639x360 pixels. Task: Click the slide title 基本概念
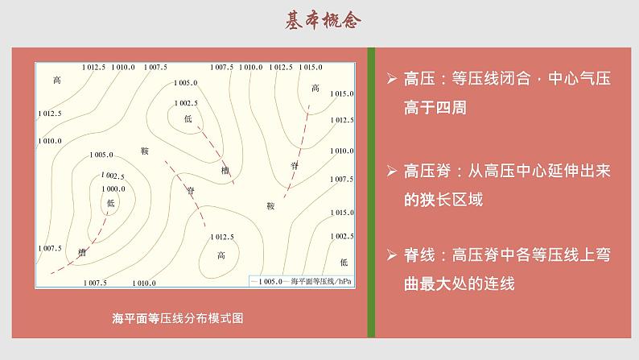click(319, 22)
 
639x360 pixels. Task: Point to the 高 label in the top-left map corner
click(56, 81)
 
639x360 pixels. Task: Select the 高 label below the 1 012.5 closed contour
click(221, 256)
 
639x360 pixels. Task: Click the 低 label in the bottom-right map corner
click(344, 263)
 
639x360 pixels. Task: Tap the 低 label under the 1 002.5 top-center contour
click(187, 119)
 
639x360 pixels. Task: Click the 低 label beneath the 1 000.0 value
click(110, 203)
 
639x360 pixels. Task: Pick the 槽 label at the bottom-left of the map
click(81, 252)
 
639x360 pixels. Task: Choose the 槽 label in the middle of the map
click(225, 171)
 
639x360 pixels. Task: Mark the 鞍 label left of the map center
click(145, 151)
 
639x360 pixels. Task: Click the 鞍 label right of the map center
click(270, 206)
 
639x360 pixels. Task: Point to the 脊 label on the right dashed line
click(294, 164)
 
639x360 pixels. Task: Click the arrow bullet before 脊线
click(391, 256)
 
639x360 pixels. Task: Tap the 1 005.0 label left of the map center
click(102, 155)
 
